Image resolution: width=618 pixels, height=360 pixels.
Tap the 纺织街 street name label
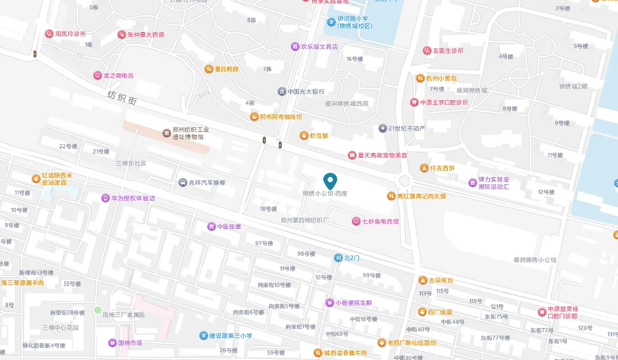click(x=122, y=98)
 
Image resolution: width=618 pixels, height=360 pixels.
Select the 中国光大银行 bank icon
click(x=281, y=92)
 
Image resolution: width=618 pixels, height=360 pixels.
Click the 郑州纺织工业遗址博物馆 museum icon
click(x=167, y=133)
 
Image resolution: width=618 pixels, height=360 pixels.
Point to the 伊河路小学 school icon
click(x=331, y=22)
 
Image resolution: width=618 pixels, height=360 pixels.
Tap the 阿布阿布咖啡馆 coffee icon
click(x=254, y=117)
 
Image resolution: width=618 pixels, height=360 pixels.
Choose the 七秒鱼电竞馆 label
click(x=380, y=221)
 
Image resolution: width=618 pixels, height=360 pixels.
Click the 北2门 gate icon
click(x=338, y=258)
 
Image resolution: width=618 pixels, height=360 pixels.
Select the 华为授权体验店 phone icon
click(x=105, y=198)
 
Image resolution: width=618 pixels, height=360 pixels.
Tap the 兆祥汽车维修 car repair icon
click(x=183, y=183)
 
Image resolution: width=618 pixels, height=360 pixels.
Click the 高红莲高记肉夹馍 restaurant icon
click(x=391, y=196)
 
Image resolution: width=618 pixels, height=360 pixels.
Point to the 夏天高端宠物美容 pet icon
click(x=352, y=155)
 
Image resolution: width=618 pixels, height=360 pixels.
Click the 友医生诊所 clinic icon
click(x=427, y=51)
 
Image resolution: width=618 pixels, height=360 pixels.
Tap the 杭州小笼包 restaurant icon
click(x=420, y=79)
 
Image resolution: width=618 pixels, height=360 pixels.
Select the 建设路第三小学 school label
click(x=231, y=336)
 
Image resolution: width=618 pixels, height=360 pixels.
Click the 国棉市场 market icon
click(x=112, y=342)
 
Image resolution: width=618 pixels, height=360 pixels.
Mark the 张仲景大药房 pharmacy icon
click(x=122, y=35)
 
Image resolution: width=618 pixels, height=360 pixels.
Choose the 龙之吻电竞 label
click(x=118, y=76)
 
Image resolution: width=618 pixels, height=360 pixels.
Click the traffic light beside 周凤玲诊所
click(x=35, y=54)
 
